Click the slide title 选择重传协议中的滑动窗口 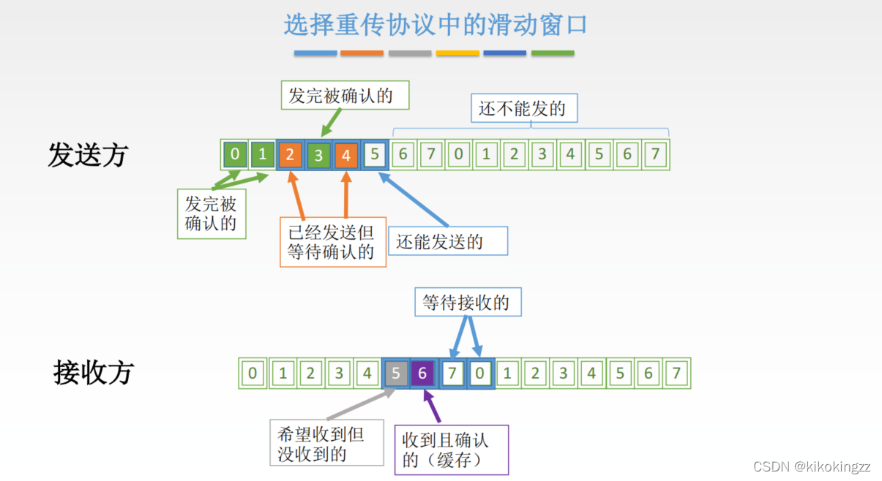436,25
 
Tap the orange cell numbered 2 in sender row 291,155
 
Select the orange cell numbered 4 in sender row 346,155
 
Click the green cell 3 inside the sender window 318,155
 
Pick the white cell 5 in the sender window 375,155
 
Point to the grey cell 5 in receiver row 396,374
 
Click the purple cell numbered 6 423,374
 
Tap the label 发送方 88,155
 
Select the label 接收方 94,373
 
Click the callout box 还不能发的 523,109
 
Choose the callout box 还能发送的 448,241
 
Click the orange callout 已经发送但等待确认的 332,242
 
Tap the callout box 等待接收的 468,301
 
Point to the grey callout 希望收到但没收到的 326,443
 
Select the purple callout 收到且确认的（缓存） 451,450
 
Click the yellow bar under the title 457,53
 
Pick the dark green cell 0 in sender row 235,155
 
